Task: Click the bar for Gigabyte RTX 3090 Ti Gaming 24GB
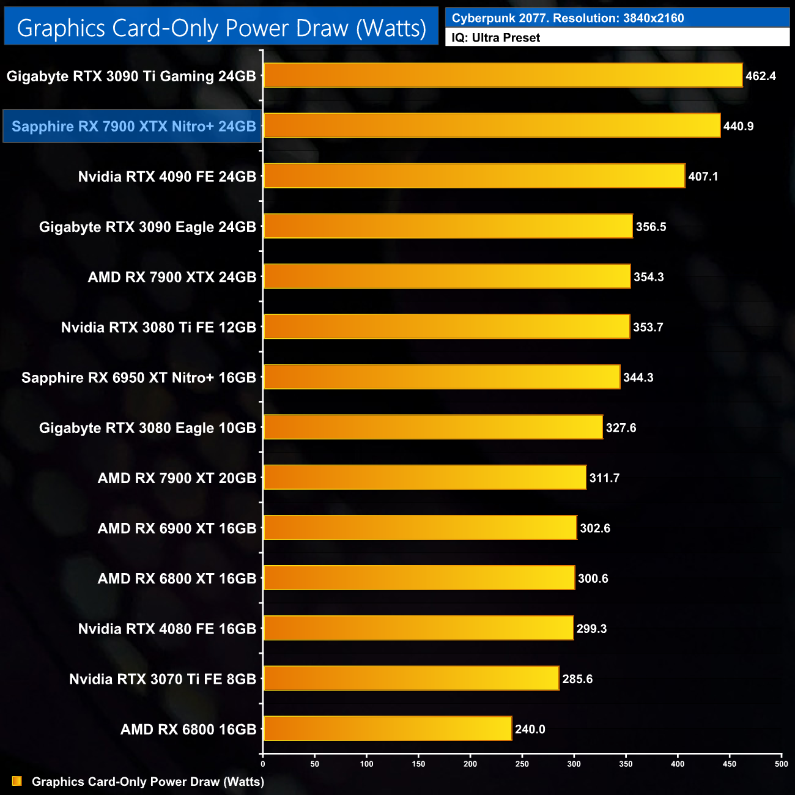[503, 76]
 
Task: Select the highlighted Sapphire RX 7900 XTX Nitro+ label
[133, 127]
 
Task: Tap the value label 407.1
[703, 177]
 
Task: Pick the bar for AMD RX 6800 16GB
[387, 729]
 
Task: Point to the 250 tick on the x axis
[522, 764]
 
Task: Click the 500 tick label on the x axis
[781, 764]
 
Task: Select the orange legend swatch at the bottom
[17, 782]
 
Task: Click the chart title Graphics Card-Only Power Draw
[221, 28]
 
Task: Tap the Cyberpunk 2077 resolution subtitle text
[568, 18]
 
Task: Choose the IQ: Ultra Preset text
[496, 38]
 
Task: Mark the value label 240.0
[530, 729]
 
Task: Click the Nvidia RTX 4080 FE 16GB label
[167, 629]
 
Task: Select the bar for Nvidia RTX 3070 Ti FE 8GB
[411, 679]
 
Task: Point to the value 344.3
[638, 377]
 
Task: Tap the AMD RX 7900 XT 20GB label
[177, 478]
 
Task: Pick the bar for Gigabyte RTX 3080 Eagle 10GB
[433, 427]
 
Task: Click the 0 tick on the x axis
[263, 764]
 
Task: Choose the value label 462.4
[760, 76]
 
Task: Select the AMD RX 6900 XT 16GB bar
[420, 528]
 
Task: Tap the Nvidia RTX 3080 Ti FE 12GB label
[158, 327]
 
